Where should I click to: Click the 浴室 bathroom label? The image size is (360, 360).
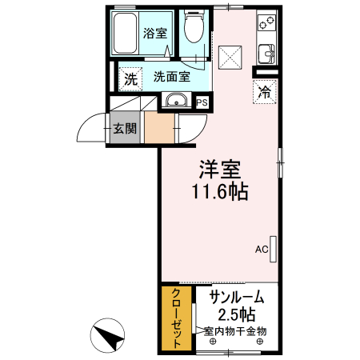[155, 33]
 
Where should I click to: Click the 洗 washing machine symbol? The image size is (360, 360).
[130, 79]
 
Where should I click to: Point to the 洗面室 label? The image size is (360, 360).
[172, 78]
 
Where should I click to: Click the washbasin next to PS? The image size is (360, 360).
[176, 101]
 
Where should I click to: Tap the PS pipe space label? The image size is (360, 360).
[202, 102]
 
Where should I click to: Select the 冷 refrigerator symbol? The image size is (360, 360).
[263, 92]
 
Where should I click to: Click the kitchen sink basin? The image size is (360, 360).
[266, 54]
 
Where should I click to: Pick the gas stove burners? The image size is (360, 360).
[266, 25]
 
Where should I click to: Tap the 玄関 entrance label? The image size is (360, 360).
[124, 128]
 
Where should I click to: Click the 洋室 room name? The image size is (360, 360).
[220, 170]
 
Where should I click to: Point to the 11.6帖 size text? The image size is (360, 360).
[219, 192]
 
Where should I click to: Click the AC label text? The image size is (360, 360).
[261, 249]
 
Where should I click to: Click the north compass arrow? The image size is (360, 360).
[111, 336]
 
